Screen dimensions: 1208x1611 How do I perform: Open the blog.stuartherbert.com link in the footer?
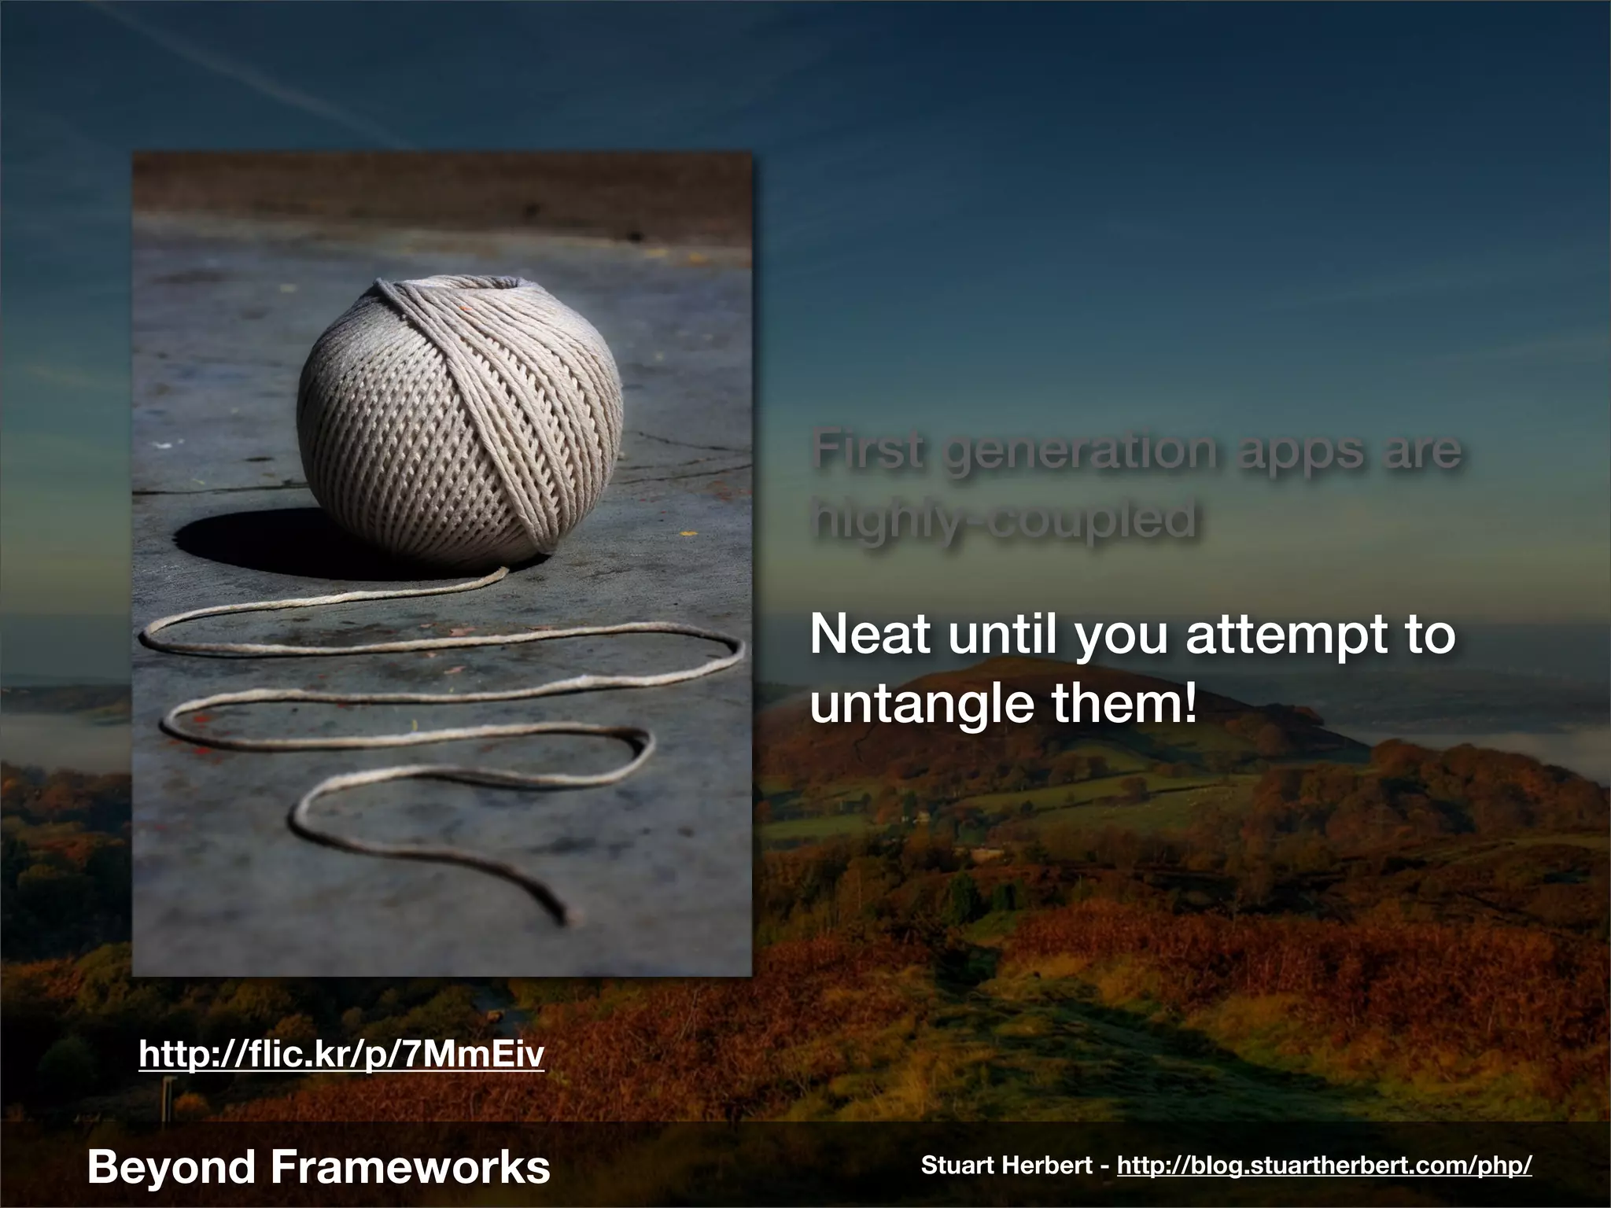(1324, 1166)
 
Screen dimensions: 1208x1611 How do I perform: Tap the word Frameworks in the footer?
(410, 1166)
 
